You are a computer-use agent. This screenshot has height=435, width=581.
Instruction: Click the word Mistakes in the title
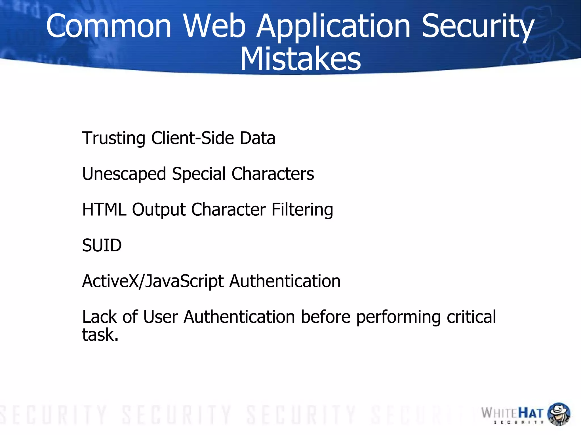pos(300,59)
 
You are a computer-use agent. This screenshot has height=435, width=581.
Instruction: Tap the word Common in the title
pos(109,26)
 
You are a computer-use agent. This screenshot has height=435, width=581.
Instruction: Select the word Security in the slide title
pos(478,26)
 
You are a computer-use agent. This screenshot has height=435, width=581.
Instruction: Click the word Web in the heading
pos(214,26)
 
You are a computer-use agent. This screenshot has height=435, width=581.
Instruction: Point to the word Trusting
pos(113,139)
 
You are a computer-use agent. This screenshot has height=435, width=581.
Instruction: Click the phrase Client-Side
pos(192,138)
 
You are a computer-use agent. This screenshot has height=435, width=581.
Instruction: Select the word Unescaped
pos(124,174)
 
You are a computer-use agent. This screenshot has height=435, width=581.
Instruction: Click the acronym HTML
pos(104,209)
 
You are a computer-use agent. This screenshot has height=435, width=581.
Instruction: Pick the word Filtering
pos(302,210)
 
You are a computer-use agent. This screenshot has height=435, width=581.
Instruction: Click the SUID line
pos(102,245)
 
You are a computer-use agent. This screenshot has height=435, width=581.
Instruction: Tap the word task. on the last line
pos(100,335)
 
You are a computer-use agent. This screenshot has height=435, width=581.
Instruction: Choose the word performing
pos(398,317)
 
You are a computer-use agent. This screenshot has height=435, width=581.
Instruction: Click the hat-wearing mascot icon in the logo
pos(558,414)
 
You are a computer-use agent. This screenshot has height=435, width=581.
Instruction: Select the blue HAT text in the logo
pos(531,413)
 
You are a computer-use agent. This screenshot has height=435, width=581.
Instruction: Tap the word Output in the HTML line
pos(159,210)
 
